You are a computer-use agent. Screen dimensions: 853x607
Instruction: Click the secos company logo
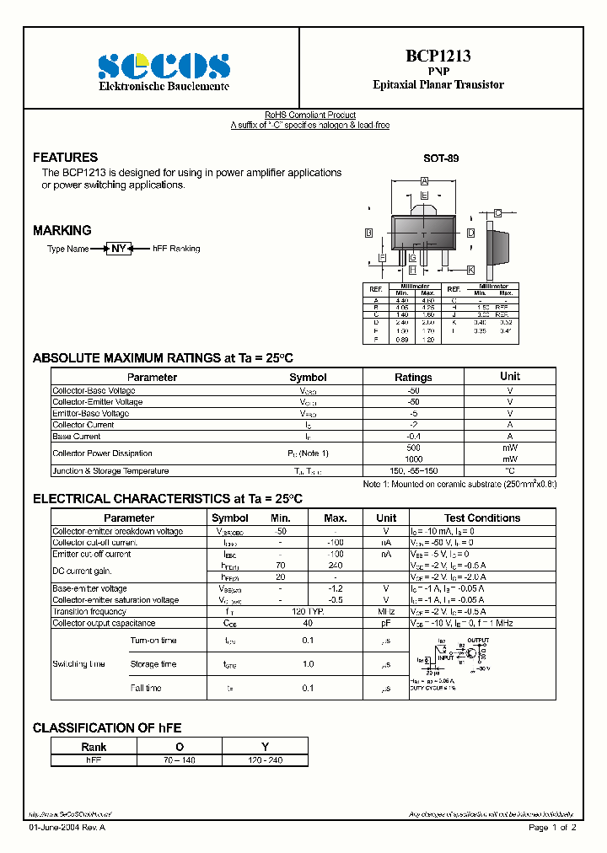click(x=164, y=66)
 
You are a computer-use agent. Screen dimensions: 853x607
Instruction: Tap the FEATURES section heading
click(x=65, y=158)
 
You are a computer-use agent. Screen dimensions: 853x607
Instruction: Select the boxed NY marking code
click(x=119, y=249)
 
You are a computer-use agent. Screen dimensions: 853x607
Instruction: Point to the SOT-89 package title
click(x=441, y=158)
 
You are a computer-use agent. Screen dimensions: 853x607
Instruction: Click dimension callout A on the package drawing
click(x=425, y=181)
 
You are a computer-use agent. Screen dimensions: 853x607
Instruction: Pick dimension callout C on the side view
click(x=498, y=213)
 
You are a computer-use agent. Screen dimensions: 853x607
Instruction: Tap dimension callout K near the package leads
click(x=470, y=270)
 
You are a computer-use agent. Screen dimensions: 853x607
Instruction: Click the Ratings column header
click(x=413, y=378)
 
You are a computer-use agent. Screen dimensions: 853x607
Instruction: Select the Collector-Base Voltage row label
click(x=94, y=390)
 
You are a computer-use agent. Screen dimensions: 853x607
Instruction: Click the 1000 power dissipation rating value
click(x=413, y=459)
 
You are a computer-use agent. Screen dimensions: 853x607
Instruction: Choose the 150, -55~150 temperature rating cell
click(x=413, y=471)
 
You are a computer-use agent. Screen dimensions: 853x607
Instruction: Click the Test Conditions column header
click(x=482, y=518)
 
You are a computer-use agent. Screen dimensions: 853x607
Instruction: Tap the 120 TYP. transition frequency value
click(x=309, y=611)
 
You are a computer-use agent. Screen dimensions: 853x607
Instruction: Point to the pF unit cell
click(x=386, y=623)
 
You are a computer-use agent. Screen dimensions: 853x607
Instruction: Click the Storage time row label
click(x=153, y=664)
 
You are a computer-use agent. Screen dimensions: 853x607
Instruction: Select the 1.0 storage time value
click(x=309, y=664)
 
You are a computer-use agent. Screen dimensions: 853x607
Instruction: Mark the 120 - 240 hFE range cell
click(x=265, y=760)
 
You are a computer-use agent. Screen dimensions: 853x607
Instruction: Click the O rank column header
click(x=179, y=747)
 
